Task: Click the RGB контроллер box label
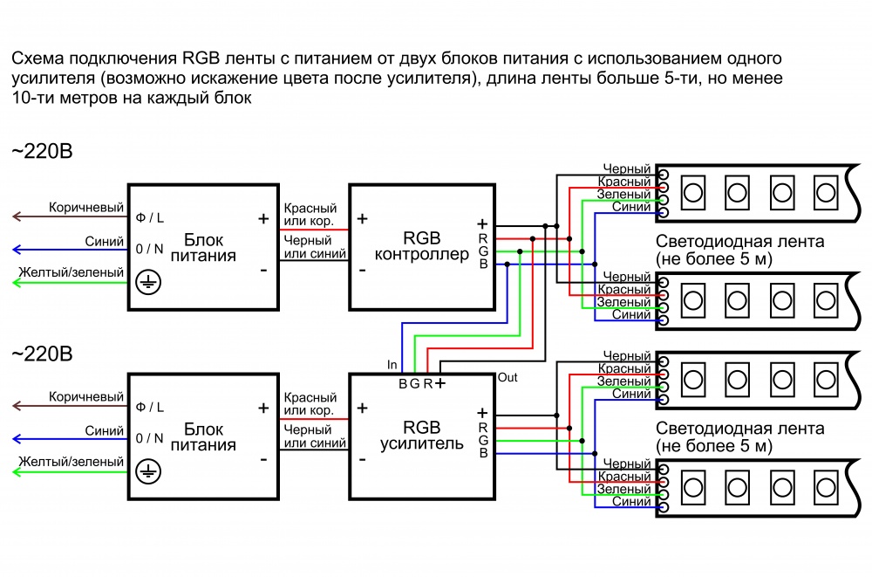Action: point(421,246)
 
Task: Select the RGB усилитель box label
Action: point(421,436)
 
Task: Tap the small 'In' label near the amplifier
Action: point(392,363)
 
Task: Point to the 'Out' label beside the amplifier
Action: point(508,377)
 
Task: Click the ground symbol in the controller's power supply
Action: point(149,282)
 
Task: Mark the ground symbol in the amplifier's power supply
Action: point(149,471)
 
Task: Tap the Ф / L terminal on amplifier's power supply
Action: point(150,407)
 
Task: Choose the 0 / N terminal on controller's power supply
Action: point(150,249)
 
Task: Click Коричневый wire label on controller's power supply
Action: point(86,208)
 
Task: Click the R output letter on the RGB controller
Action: point(482,238)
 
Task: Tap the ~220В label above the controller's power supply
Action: point(42,152)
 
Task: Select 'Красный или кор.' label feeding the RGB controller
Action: point(310,215)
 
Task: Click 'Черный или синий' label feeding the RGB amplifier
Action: point(310,436)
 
